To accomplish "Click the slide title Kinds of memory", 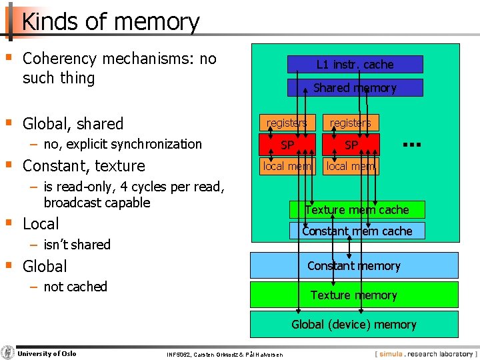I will click(x=111, y=22).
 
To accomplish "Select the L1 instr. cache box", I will click(x=355, y=65).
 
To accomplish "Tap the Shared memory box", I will click(x=355, y=88).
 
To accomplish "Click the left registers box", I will click(x=287, y=123).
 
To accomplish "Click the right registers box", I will click(x=351, y=123).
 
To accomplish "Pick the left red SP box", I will click(x=287, y=145).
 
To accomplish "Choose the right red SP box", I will click(x=351, y=145).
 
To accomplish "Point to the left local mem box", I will click(x=287, y=166).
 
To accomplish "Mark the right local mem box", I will click(x=351, y=166).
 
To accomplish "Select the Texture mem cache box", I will click(x=357, y=210).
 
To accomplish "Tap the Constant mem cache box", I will click(x=357, y=231).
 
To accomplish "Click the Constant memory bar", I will click(x=354, y=265).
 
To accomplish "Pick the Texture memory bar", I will click(x=354, y=295).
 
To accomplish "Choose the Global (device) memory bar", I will click(x=354, y=325).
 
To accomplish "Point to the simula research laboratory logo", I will click(x=425, y=353).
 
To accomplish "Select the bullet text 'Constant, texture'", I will click(x=83, y=165).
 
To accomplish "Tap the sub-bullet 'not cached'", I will click(x=75, y=287).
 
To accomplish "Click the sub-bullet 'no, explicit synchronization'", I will click(x=122, y=144).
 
